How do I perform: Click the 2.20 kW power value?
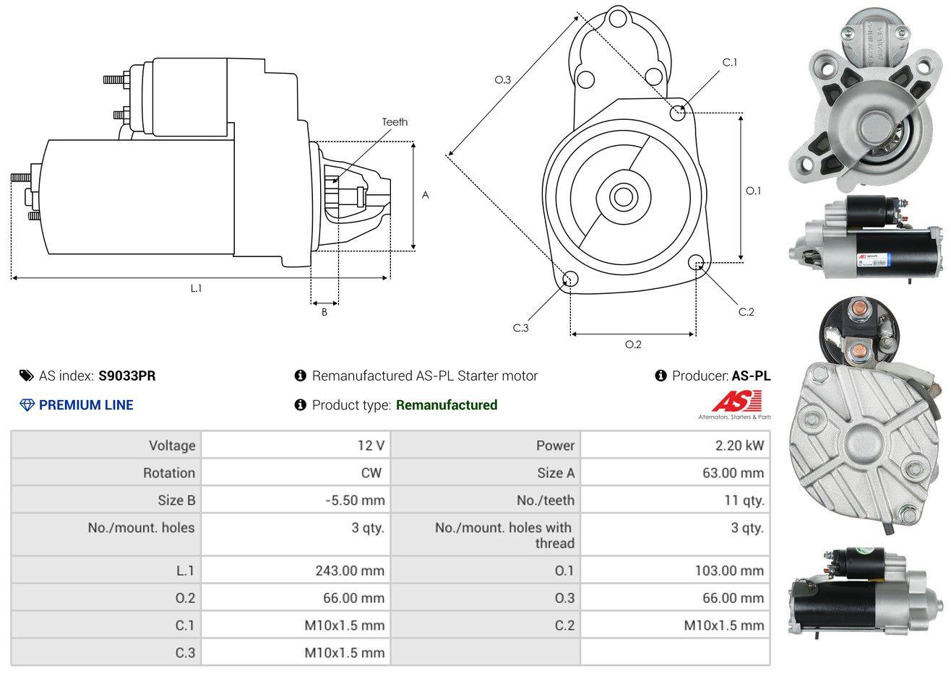[x=739, y=446]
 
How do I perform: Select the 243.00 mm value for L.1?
[x=350, y=571]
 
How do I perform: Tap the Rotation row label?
[x=168, y=473]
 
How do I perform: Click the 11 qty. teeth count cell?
[x=744, y=500]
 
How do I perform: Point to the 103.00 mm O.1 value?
[x=729, y=571]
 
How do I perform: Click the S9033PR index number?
[x=127, y=376]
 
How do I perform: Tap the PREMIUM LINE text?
[x=86, y=405]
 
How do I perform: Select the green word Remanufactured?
[x=447, y=405]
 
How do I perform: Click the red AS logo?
[x=736, y=402]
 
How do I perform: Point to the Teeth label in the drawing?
[x=395, y=122]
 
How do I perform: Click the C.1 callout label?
[x=730, y=62]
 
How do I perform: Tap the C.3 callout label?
[x=521, y=328]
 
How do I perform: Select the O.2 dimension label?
[x=633, y=344]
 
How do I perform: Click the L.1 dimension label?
[x=196, y=288]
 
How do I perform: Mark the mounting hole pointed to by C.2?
[x=696, y=262]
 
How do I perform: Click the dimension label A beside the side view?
[x=426, y=195]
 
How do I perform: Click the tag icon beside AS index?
[x=26, y=376]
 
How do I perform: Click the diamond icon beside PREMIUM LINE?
[x=27, y=405]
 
